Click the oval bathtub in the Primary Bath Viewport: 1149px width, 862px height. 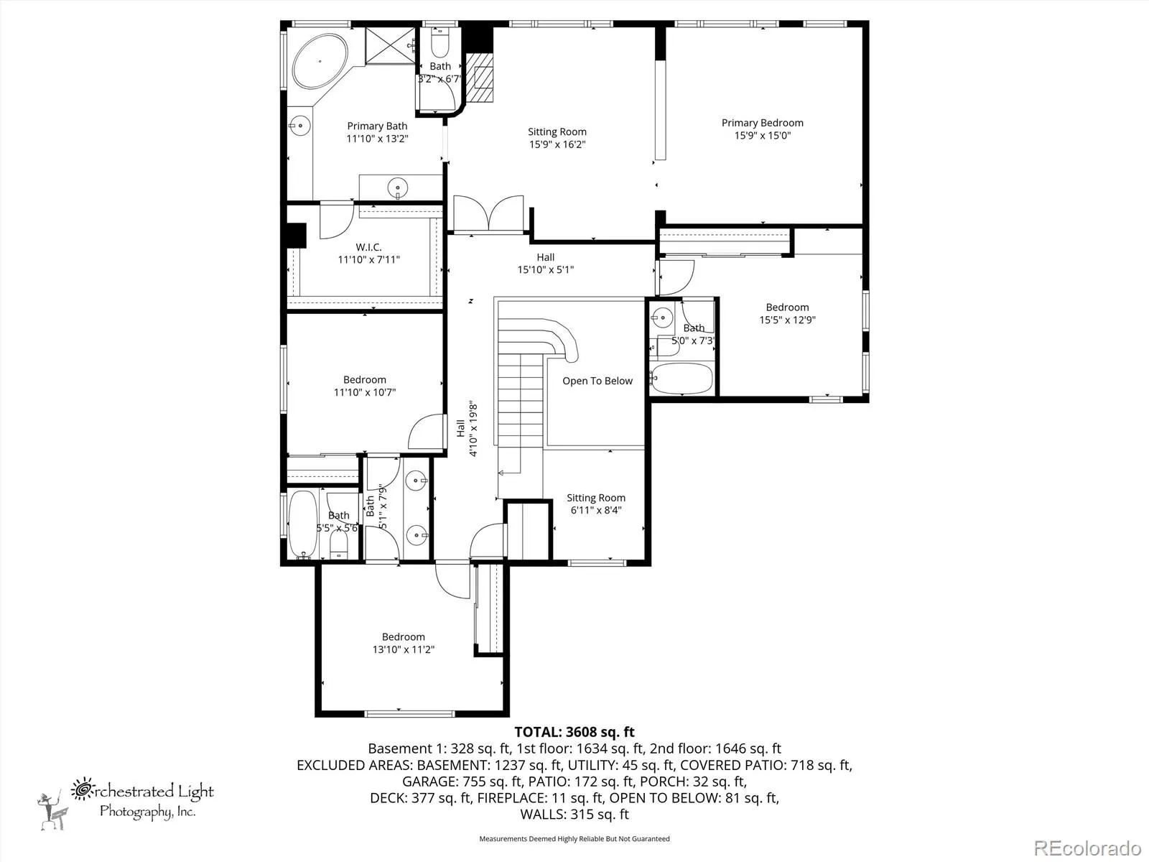(x=320, y=62)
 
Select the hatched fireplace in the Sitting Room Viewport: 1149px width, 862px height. (x=480, y=78)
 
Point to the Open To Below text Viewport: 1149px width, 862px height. (x=597, y=381)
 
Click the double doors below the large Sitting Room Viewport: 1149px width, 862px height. (x=488, y=213)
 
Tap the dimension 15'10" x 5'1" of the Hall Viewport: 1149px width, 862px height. (x=546, y=270)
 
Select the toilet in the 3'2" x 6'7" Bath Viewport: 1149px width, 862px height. (x=439, y=42)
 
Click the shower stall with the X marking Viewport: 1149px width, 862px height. (x=390, y=46)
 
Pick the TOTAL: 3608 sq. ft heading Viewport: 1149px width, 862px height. (x=574, y=732)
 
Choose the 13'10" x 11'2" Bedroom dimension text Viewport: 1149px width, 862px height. (x=403, y=649)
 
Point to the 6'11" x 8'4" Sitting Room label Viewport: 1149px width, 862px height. (x=596, y=504)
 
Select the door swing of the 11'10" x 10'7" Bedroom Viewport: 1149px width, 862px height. (x=426, y=431)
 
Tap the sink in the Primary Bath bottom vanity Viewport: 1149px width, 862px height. (x=398, y=187)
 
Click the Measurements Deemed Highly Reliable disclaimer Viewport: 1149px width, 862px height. (x=574, y=838)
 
